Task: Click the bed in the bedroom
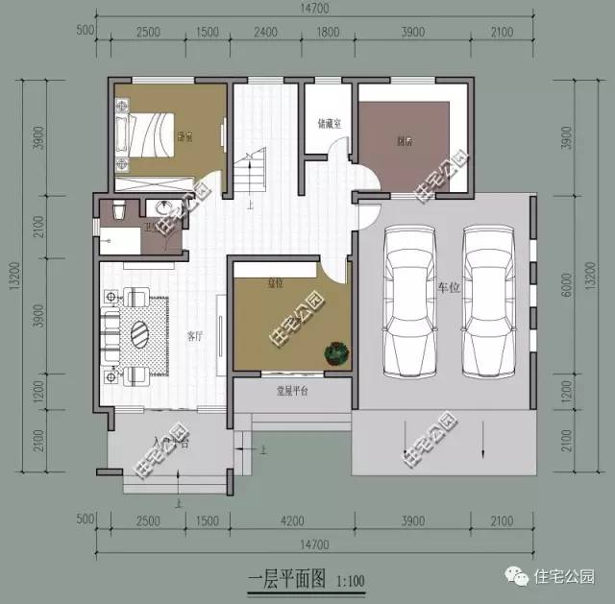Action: [x=146, y=133]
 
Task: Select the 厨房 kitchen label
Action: [x=405, y=141]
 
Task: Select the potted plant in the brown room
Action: [x=334, y=353]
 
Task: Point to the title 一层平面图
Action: [x=288, y=579]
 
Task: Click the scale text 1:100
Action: [x=351, y=580]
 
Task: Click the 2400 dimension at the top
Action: [x=266, y=32]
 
